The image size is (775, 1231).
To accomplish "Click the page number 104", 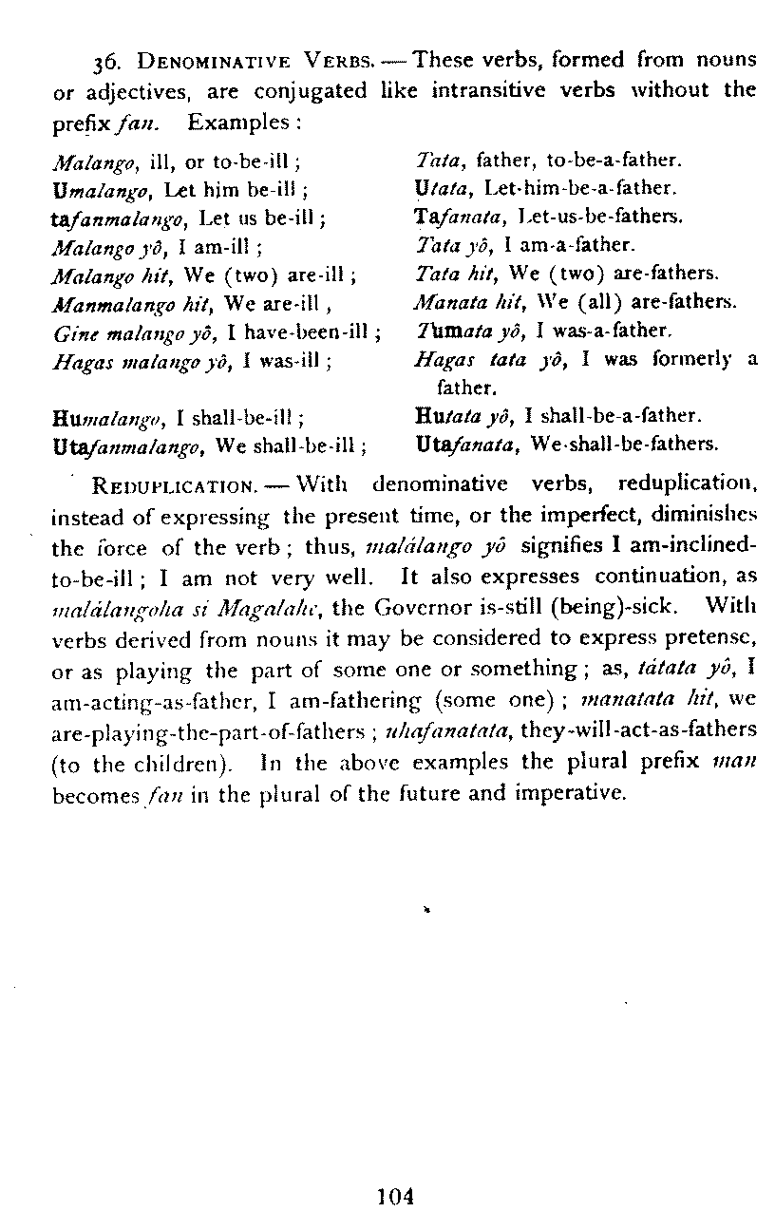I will pos(396,1197).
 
